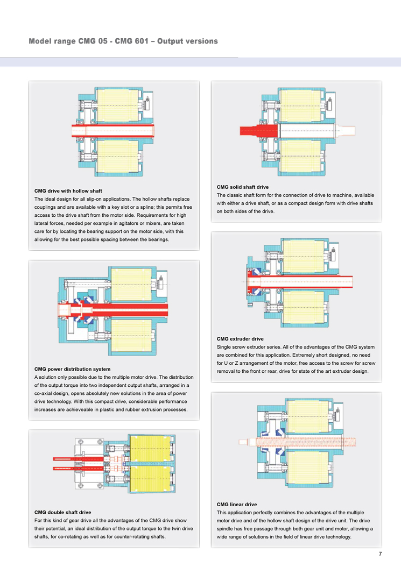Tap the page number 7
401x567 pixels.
(380, 554)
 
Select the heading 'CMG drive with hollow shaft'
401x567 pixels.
(68, 191)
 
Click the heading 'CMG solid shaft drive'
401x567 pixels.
(242, 187)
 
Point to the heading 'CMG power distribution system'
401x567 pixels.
(72, 369)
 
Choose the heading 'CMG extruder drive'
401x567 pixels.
(240, 339)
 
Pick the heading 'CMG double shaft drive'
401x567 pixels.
(62, 512)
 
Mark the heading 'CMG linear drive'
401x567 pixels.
(237, 504)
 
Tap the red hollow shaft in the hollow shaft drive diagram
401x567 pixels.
(113, 129)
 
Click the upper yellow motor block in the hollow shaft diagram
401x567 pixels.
(119, 104)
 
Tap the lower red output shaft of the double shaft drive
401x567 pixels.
(68, 469)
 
